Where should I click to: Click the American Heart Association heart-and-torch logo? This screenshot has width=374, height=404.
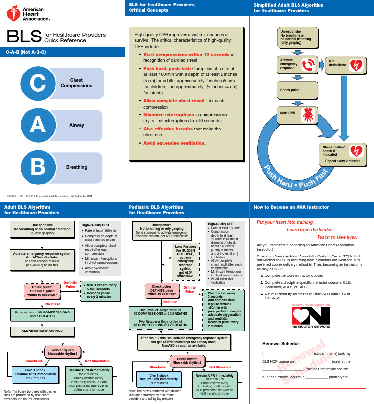pyautogui.click(x=13, y=14)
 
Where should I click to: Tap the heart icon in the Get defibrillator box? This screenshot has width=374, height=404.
pyautogui.click(x=357, y=64)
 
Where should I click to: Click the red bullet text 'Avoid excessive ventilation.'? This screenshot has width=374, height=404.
pyautogui.click(x=174, y=143)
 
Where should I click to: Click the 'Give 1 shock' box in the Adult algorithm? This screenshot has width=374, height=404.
pyautogui.click(x=35, y=373)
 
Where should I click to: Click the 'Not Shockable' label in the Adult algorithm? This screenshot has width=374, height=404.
pyautogui.click(x=97, y=361)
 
